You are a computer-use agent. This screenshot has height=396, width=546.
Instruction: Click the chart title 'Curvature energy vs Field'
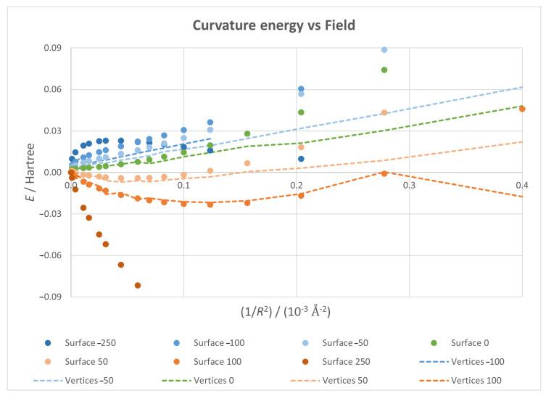[273, 26]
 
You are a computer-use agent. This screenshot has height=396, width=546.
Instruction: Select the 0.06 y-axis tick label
[53, 90]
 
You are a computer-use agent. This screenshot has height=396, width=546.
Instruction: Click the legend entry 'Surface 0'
[462, 340]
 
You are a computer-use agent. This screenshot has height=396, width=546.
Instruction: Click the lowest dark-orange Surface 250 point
[138, 285]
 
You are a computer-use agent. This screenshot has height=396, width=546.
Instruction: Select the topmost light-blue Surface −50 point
[384, 50]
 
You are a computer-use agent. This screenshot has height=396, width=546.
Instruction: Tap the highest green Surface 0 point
[384, 70]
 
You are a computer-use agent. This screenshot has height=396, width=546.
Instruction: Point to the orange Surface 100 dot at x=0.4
[522, 109]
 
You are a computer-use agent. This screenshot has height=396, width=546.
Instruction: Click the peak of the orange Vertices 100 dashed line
[384, 173]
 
